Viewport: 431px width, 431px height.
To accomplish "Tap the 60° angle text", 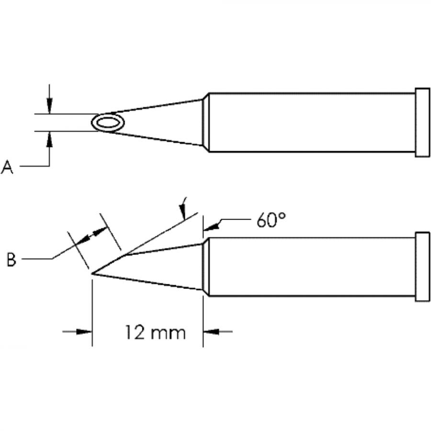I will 271,222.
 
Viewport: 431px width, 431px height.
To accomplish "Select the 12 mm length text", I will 155,332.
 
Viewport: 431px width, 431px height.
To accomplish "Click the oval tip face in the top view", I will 108,123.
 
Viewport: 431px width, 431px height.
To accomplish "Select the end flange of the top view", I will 422,122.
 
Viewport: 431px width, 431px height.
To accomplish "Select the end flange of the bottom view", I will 422,267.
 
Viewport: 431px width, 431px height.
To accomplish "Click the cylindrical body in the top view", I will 311,122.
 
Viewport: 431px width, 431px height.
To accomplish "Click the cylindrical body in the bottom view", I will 311,267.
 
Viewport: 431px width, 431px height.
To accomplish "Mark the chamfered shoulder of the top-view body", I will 206,122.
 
